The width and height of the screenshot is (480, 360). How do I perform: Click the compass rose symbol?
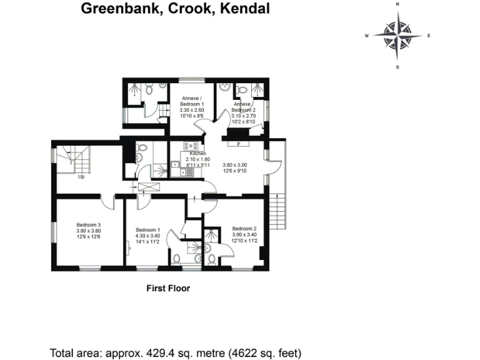click(x=397, y=35)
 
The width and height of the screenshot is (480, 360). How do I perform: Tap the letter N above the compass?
click(x=397, y=4)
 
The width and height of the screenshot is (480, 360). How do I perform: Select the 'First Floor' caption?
click(x=167, y=289)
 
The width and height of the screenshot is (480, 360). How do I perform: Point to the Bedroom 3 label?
click(x=89, y=225)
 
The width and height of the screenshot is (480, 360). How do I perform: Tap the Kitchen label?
click(x=197, y=153)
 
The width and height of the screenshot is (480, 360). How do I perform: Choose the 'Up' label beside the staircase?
click(x=81, y=176)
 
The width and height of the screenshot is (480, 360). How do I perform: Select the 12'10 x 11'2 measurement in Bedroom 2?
click(x=244, y=240)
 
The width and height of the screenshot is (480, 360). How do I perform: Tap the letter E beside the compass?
click(x=429, y=36)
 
